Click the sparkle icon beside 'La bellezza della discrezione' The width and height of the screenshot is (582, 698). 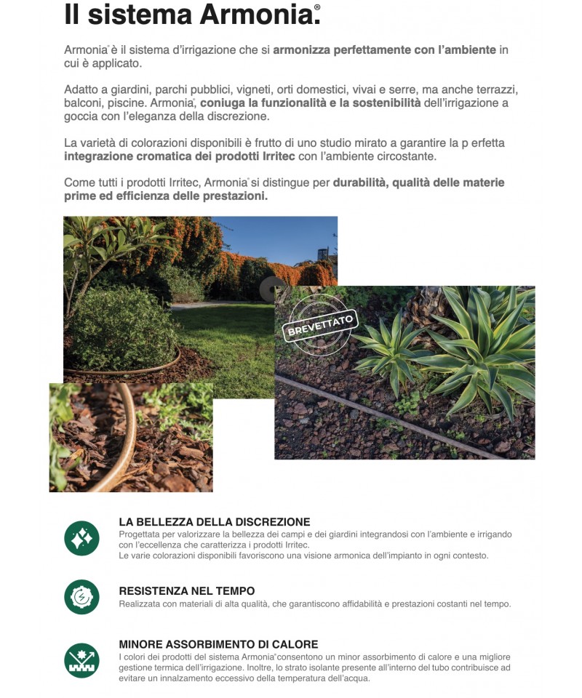[81, 538]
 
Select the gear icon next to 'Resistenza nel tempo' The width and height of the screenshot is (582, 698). [81, 597]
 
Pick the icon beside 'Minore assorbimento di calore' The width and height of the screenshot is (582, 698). [81, 660]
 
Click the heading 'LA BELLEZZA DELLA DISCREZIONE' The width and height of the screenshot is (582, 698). [214, 522]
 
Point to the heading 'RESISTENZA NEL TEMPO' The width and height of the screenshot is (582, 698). [186, 591]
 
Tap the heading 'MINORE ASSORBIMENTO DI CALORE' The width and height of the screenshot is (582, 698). [218, 644]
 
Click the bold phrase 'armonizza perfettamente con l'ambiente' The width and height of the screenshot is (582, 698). [384, 50]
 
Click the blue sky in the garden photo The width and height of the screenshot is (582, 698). [276, 236]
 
